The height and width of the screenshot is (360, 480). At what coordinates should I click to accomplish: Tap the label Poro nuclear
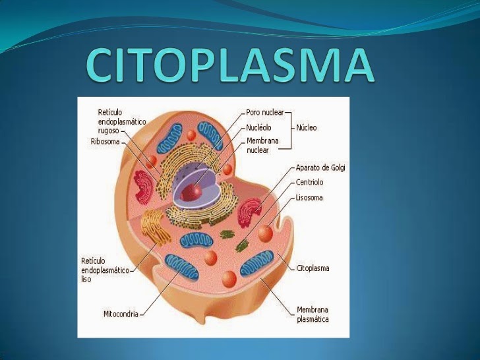[265, 113]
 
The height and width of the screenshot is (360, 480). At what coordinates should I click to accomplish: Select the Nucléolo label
[259, 128]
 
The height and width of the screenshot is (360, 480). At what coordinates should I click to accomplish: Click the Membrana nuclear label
[262, 146]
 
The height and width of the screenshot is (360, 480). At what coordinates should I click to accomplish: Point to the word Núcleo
[307, 128]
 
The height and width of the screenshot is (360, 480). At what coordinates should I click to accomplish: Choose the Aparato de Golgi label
[320, 168]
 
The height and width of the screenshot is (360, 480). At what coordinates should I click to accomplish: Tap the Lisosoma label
[309, 198]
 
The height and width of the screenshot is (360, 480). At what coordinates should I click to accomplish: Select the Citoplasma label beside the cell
[313, 268]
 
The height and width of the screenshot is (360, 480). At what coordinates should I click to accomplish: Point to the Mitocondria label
[121, 314]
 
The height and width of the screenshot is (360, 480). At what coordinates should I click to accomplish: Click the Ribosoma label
[105, 141]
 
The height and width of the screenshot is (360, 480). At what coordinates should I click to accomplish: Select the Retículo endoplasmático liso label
[104, 270]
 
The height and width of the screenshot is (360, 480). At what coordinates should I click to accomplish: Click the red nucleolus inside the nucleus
[193, 192]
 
